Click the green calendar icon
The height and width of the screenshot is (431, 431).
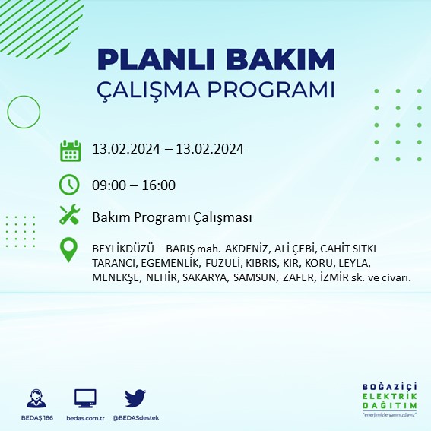tap(70, 150)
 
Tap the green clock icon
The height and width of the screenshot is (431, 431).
tap(70, 185)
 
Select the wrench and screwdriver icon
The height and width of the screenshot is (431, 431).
tap(70, 216)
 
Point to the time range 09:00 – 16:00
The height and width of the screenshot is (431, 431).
tap(134, 185)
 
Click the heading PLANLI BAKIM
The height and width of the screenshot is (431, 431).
tap(216, 59)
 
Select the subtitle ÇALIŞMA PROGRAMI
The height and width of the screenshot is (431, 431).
tap(216, 89)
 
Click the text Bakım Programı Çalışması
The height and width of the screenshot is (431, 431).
tap(172, 218)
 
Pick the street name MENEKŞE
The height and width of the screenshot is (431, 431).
tap(116, 277)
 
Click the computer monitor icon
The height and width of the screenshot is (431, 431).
tap(85, 398)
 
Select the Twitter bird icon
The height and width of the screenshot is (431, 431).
tap(135, 398)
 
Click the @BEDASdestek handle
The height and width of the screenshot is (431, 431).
tap(135, 418)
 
